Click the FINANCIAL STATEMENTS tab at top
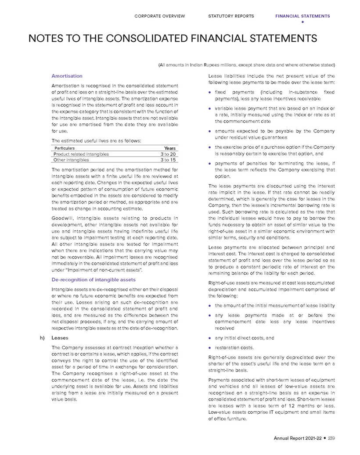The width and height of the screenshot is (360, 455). point(302,16)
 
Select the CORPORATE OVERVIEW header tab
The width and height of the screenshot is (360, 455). point(160,16)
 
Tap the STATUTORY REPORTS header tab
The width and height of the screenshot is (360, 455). point(231,16)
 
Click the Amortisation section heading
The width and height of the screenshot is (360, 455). point(67,76)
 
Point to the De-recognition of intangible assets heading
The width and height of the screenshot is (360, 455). point(94,279)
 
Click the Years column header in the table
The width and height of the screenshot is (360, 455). point(170,148)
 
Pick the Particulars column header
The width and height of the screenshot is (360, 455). point(64,148)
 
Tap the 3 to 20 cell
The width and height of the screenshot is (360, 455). point(168,154)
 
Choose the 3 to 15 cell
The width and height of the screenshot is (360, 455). point(168,160)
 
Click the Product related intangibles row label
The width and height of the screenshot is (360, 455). point(81,154)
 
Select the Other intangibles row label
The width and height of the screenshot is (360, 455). point(71,160)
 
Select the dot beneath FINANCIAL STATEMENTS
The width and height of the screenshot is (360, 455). point(302,22)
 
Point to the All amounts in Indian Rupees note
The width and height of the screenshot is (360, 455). point(246,65)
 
